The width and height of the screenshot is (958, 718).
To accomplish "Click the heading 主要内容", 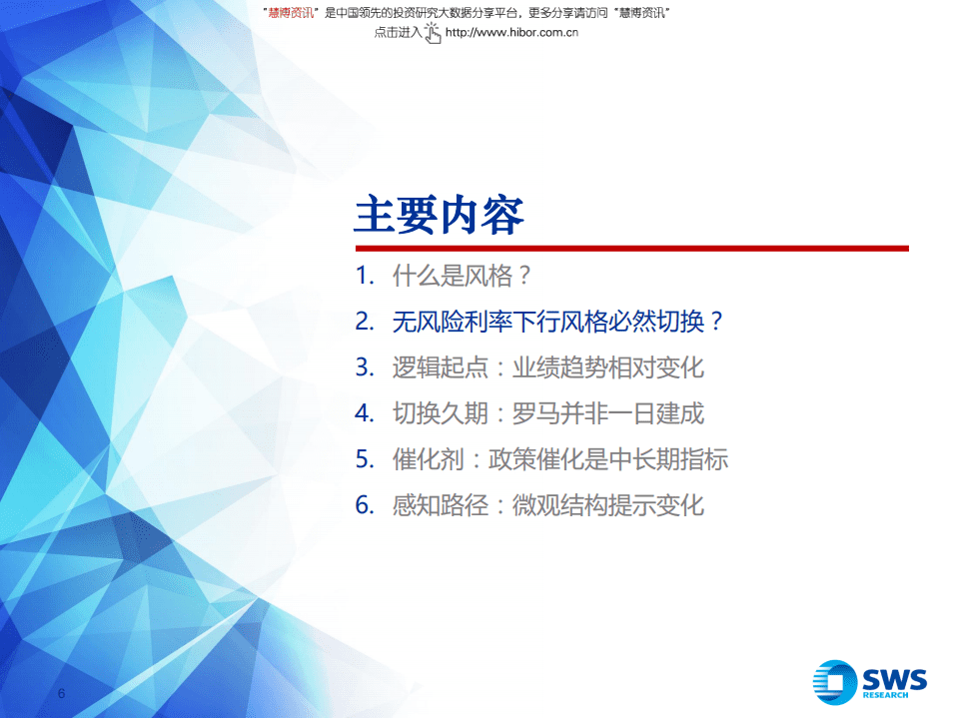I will coord(439,214).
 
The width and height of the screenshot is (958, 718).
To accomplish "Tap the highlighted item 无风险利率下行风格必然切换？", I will coord(557,322).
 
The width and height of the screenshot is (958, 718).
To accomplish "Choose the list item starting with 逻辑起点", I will coord(548,367).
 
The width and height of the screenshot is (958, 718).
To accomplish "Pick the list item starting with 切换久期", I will coord(548,413).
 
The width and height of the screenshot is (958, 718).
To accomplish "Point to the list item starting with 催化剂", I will coord(560,459).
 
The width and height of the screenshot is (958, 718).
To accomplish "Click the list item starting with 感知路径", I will coord(548,505).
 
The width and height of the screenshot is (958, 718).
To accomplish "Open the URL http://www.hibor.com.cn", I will coord(511,32).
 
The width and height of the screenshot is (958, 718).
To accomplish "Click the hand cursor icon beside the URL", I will coord(433,32).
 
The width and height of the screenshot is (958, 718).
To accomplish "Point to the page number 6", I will coord(62,694).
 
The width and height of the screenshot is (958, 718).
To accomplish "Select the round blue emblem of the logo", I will coord(835,682).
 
